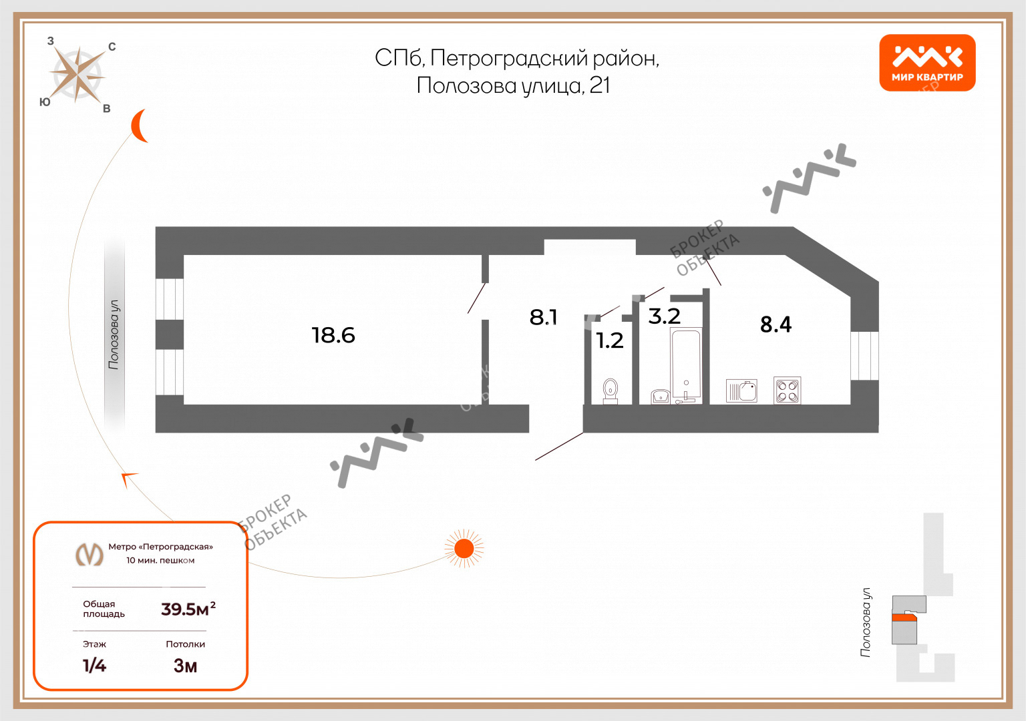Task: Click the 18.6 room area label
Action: (333, 334)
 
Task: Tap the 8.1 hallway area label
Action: (543, 317)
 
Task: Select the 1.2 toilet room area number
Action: (609, 340)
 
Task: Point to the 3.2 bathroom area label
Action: (664, 316)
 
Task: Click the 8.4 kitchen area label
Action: (776, 324)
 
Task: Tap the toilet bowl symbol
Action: (611, 390)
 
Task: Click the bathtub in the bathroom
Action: (686, 364)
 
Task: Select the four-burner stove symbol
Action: (787, 391)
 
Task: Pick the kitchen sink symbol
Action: (741, 391)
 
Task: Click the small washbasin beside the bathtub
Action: (661, 396)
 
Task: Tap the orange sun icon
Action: (464, 549)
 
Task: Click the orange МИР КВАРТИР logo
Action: (927, 63)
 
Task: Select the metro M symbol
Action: (89, 554)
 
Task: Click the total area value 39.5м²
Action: (188, 609)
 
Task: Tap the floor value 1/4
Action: (94, 665)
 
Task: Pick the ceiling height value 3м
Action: (185, 666)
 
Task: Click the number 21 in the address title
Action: (600, 85)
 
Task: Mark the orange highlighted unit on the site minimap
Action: (904, 618)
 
